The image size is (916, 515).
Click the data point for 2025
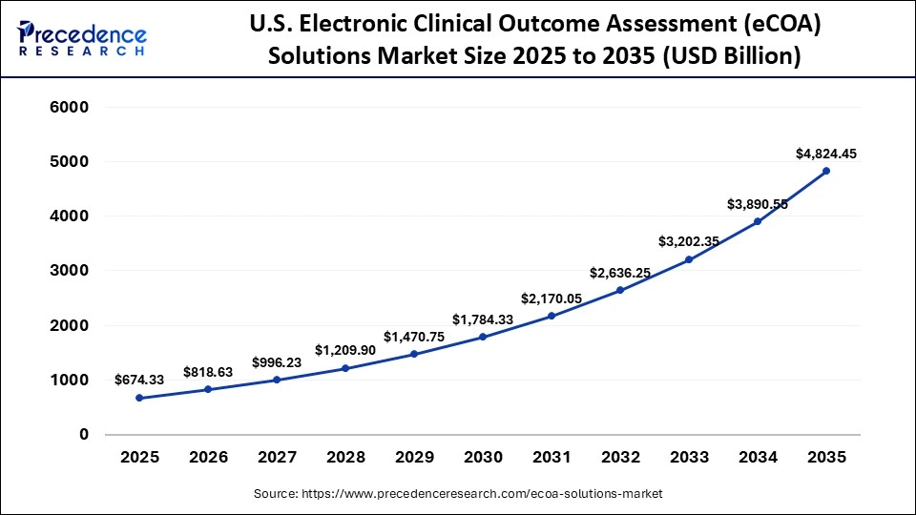pos(139,398)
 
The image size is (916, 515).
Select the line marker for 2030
pos(483,337)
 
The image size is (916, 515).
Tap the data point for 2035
pos(826,171)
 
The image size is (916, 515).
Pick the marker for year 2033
pos(689,259)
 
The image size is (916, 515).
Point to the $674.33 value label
pos(139,380)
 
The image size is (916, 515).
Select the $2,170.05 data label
pos(552,299)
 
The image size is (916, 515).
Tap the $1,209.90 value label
pos(345,350)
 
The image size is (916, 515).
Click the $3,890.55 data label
pos(758,204)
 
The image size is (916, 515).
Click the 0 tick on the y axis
pos(83,435)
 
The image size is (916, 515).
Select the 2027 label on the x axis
pos(277,457)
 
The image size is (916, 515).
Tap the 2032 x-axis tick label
pos(620,457)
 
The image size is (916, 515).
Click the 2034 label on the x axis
pos(758,457)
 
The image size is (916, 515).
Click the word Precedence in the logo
pos(92,34)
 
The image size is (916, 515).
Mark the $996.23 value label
pos(277,362)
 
